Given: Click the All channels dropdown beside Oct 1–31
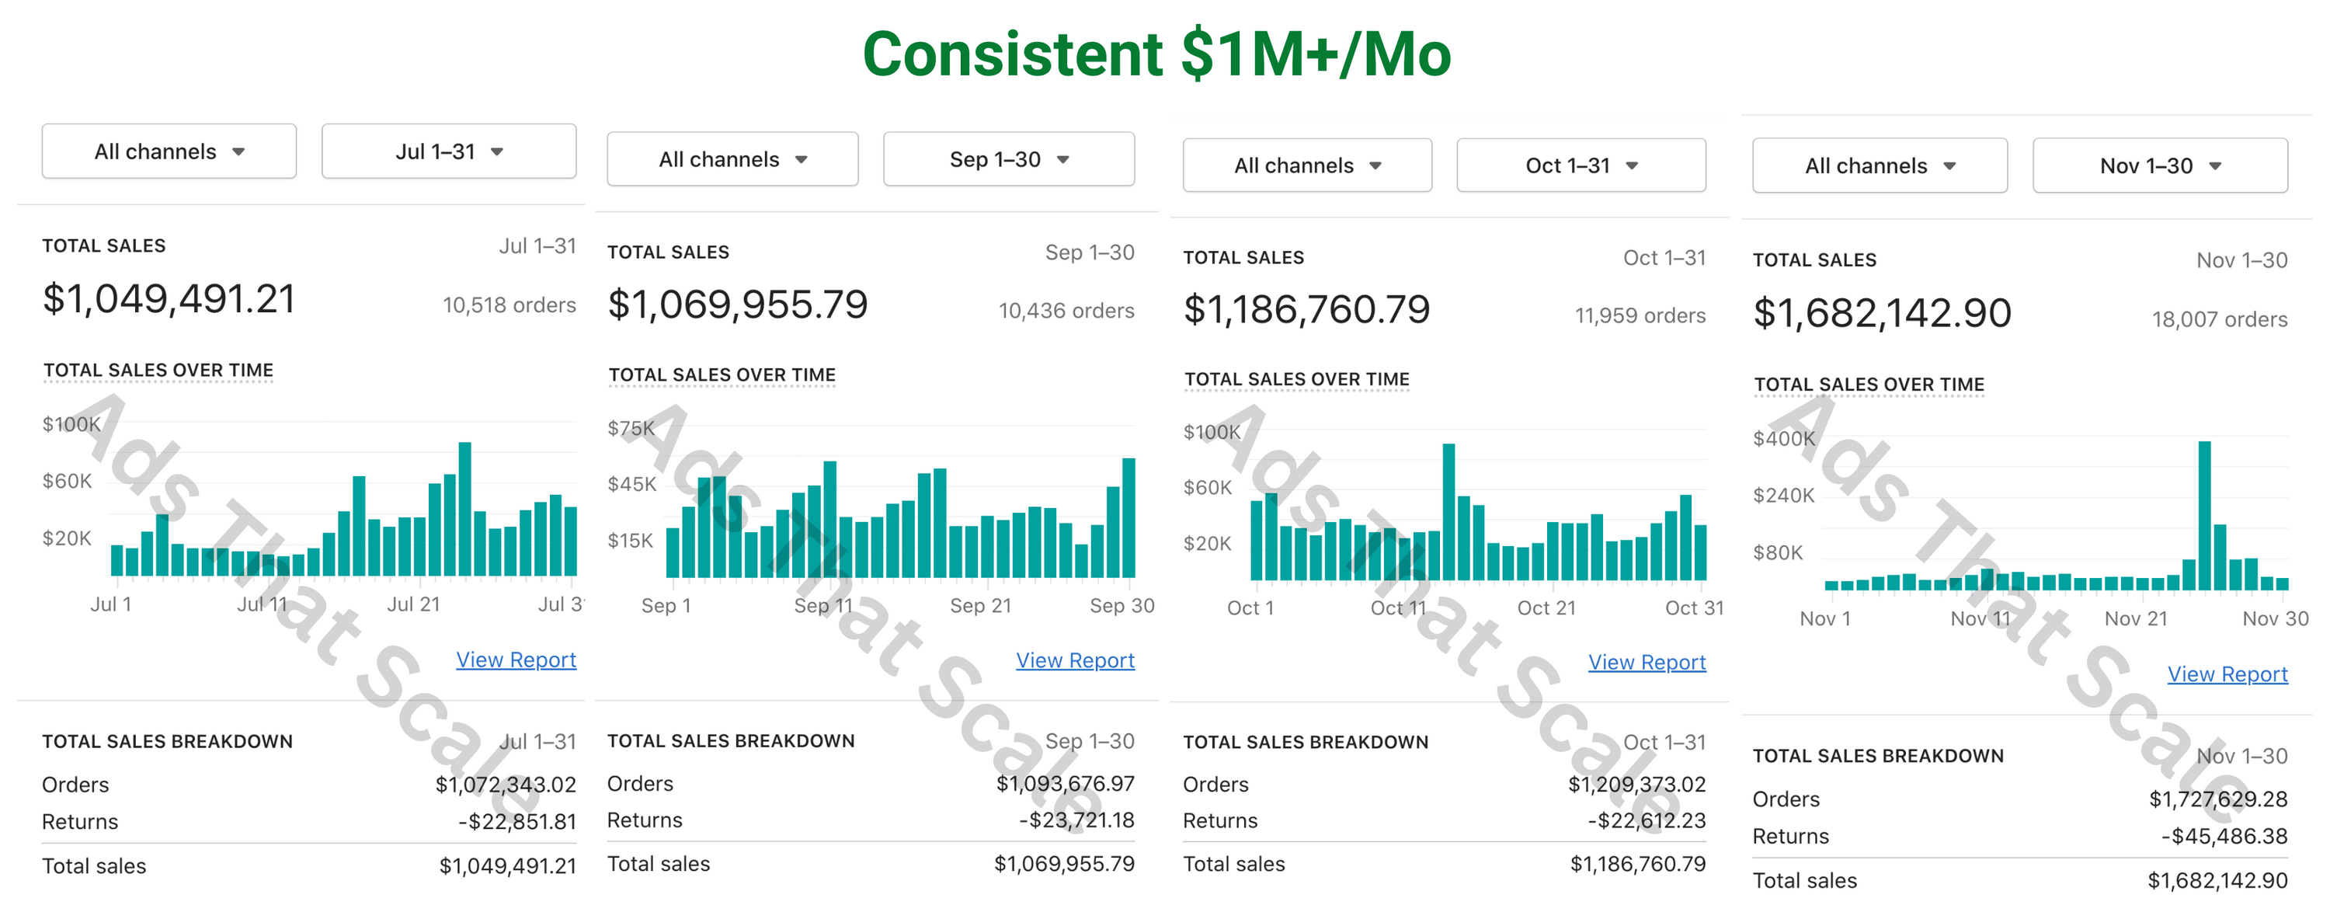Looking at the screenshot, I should tap(1306, 165).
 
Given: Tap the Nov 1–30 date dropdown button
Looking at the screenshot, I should tap(2159, 166).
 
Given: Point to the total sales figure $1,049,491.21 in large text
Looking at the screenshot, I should tap(169, 299).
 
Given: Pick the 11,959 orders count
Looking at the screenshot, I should tap(1639, 315).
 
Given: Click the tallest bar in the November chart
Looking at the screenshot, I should tap(2204, 516).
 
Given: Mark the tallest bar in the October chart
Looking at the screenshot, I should tap(1449, 512).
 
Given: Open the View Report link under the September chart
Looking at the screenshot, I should tap(1075, 661).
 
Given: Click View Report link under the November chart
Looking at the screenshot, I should tap(2227, 675).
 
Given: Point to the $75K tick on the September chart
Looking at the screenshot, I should tap(631, 428).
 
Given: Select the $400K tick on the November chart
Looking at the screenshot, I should tap(1782, 439).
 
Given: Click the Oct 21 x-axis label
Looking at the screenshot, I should tap(1546, 607).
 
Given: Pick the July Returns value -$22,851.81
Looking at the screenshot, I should tap(516, 822).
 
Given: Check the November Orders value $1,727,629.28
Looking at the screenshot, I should tap(2218, 799).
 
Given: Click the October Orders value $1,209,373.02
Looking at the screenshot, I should tap(1636, 785).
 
